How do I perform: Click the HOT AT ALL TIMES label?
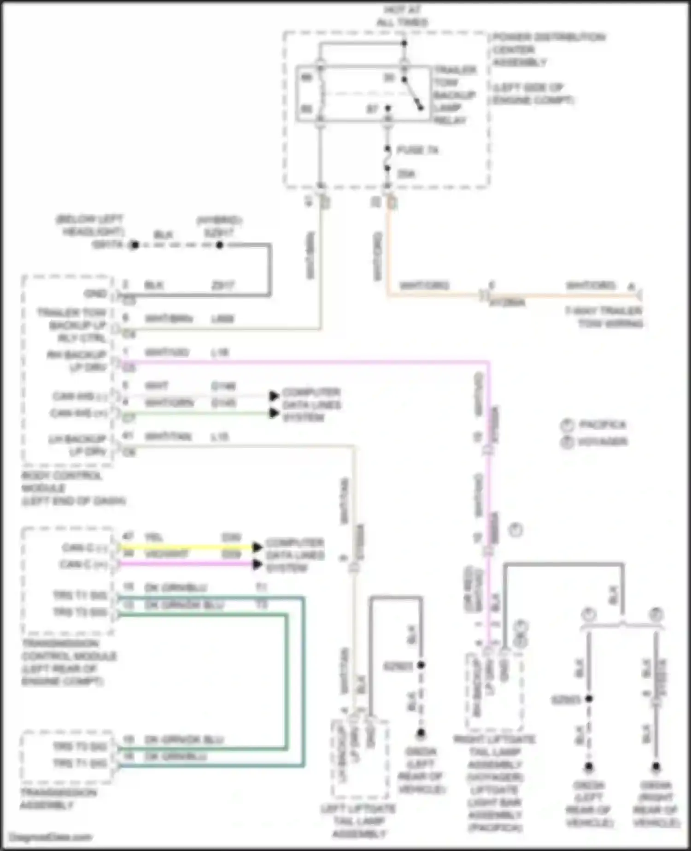(x=402, y=16)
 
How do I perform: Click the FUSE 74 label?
(x=417, y=150)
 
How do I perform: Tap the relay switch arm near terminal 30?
(x=413, y=95)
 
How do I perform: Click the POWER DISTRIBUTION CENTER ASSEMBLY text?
(x=548, y=49)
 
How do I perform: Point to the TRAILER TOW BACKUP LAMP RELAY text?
(x=455, y=95)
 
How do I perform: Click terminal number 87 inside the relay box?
(x=372, y=109)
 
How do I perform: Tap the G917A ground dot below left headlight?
(x=135, y=245)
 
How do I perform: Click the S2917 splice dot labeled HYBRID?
(x=220, y=245)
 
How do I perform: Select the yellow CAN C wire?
(x=184, y=547)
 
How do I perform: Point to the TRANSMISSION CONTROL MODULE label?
(x=69, y=662)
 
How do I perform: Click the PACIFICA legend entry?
(x=602, y=425)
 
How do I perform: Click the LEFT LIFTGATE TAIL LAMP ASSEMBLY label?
(x=358, y=821)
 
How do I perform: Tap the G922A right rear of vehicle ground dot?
(x=656, y=767)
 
